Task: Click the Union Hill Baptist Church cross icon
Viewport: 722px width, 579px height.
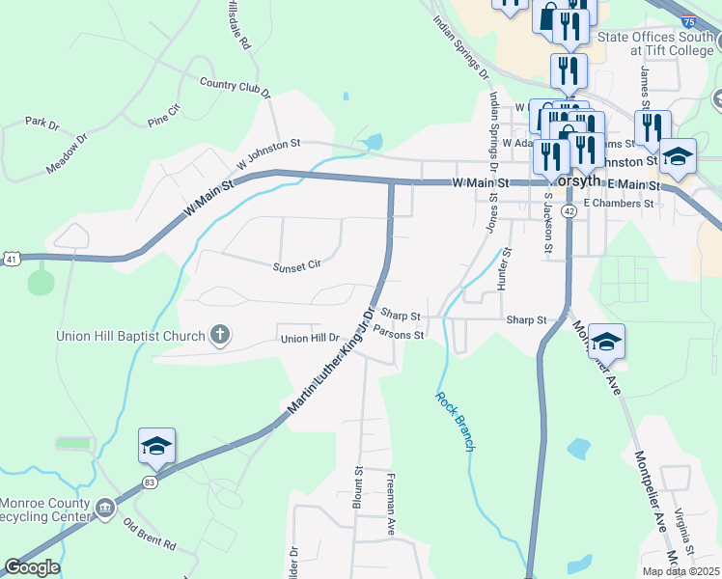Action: pyautogui.click(x=220, y=336)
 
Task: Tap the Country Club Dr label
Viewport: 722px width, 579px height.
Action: pyautogui.click(x=235, y=87)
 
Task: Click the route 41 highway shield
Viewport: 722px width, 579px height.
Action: pyautogui.click(x=10, y=259)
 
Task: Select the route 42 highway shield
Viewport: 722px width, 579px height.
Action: pyautogui.click(x=570, y=209)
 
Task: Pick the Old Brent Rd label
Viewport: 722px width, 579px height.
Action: pyautogui.click(x=150, y=533)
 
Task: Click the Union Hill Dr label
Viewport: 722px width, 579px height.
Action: pyautogui.click(x=311, y=339)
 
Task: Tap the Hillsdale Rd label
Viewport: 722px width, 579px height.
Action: pyautogui.click(x=237, y=25)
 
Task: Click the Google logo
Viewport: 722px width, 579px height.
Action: pyautogui.click(x=32, y=567)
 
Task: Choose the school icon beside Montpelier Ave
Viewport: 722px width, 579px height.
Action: pyautogui.click(x=606, y=342)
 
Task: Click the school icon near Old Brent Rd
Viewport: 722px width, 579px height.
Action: pyautogui.click(x=156, y=445)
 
